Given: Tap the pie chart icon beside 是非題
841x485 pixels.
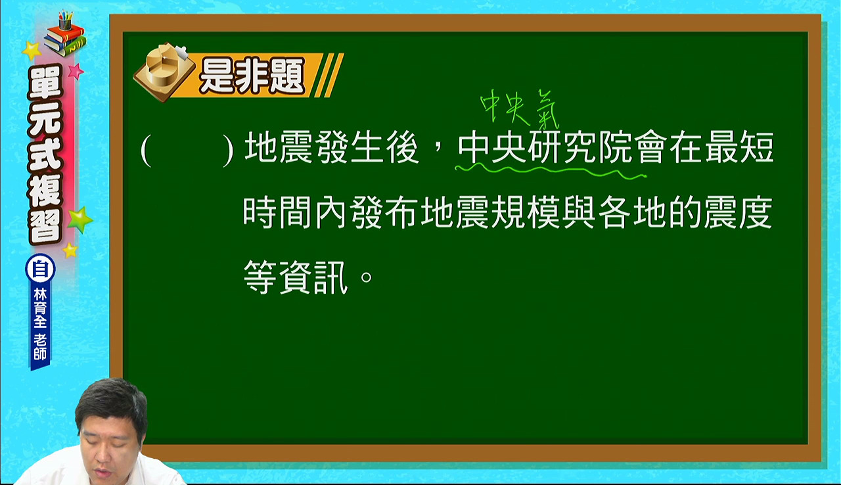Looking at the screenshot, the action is coord(164,72).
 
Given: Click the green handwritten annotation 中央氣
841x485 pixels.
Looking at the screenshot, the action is coord(520,109).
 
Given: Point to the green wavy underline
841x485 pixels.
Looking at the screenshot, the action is coord(551,172).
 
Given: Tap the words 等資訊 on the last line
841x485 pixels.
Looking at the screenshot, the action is coord(296,277).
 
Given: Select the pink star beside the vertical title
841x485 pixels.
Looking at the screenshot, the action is coord(76,71).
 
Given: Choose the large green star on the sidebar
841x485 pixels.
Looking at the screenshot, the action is coord(80,220).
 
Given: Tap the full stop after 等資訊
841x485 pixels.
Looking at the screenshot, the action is coord(366,278).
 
